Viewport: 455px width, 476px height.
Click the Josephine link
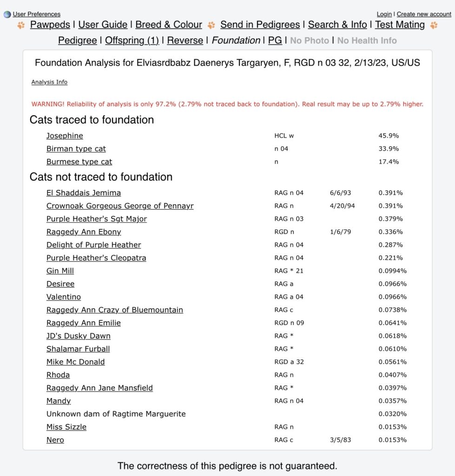(65, 136)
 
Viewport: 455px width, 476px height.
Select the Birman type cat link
(76, 149)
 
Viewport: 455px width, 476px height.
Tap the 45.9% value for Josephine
(389, 136)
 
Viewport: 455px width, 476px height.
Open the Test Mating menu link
(400, 25)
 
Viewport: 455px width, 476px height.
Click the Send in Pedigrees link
(260, 25)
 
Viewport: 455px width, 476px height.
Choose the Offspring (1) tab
(132, 40)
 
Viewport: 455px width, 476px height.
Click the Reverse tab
(185, 40)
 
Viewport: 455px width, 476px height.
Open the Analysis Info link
(49, 82)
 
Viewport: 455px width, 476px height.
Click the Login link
(384, 14)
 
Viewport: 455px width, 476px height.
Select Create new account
(424, 14)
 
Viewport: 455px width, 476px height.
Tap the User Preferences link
(36, 14)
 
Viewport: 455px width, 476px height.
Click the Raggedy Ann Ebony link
(84, 231)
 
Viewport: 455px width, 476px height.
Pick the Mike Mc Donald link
(75, 362)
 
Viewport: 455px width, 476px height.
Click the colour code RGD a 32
(289, 362)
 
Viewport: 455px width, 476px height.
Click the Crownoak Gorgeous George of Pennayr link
(120, 205)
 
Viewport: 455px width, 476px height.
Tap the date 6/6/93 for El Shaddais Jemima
(340, 192)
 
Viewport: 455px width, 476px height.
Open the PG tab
(275, 40)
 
